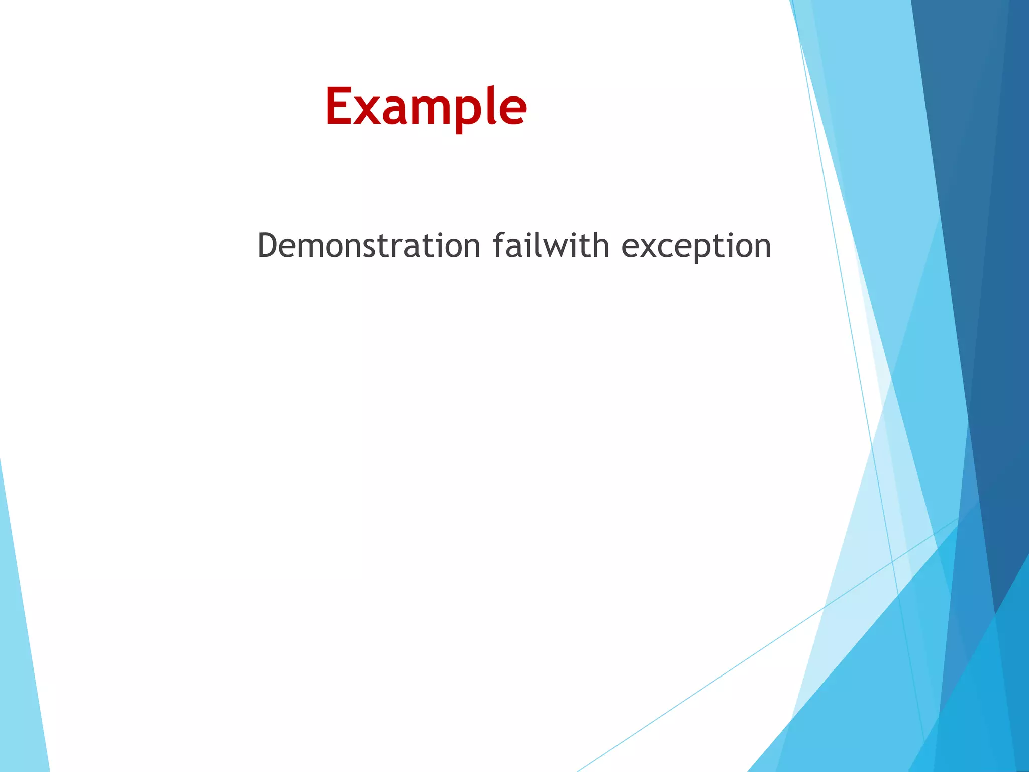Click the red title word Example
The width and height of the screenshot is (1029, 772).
click(x=426, y=107)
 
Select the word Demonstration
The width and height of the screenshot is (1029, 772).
click(x=369, y=246)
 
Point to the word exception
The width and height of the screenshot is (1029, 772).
click(x=696, y=247)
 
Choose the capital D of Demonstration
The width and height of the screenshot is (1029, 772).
click(x=268, y=246)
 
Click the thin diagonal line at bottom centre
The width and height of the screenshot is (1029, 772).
click(x=703, y=689)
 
